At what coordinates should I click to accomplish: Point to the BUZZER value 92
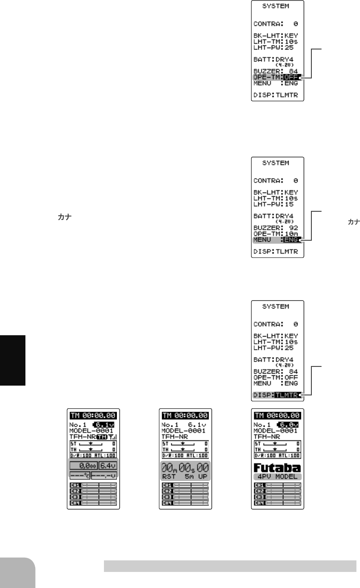(x=294, y=227)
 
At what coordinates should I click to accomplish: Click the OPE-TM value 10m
(x=293, y=233)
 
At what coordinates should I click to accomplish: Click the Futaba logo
(x=277, y=469)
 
